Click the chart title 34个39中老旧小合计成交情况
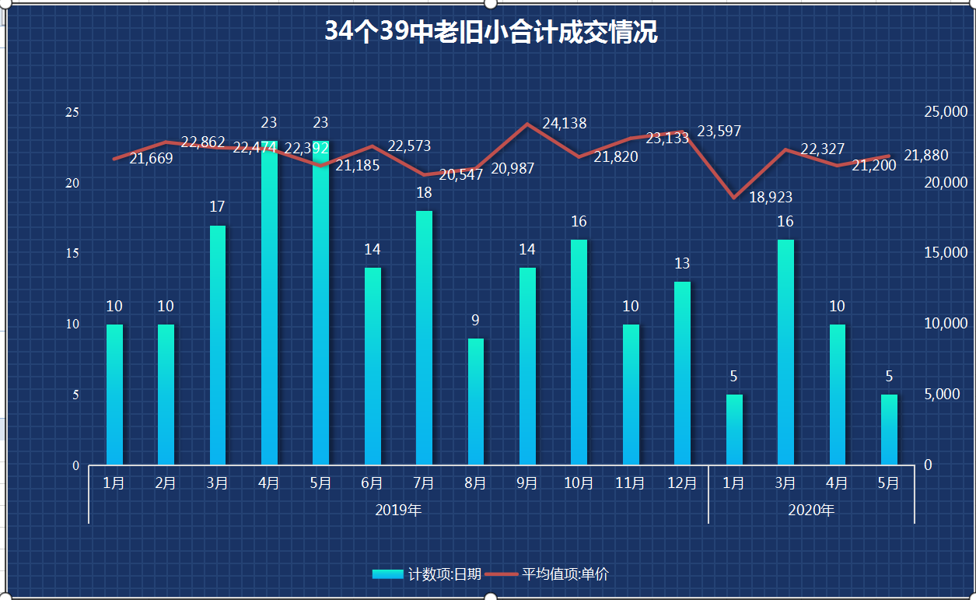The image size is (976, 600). pos(491,32)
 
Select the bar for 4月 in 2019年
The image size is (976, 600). pos(269,304)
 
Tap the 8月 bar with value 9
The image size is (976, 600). pos(475,402)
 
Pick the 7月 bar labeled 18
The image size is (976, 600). pos(424,338)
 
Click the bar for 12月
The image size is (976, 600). pos(682,374)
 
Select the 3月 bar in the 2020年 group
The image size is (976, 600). pos(785,352)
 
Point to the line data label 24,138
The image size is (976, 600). pos(565,123)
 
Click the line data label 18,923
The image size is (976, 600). pos(771,198)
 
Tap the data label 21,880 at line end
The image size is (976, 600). pos(926,156)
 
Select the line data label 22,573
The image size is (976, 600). pos(409,146)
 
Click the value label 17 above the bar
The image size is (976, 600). pos(217,207)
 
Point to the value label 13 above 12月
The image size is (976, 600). pos(682,263)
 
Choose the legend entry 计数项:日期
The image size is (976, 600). pos(427,574)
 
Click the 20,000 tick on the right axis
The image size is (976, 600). pos(945,183)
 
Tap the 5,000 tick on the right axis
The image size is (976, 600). pos(940,395)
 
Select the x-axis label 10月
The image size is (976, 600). pos(579,483)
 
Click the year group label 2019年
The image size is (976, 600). pos(398,511)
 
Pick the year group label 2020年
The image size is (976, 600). pos(811,511)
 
